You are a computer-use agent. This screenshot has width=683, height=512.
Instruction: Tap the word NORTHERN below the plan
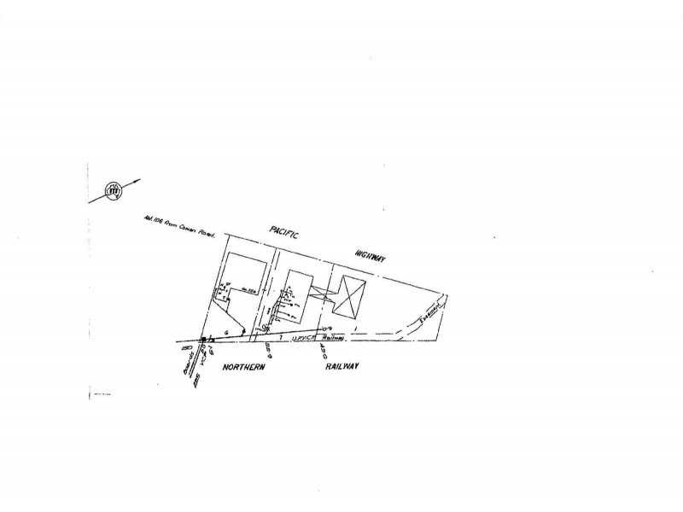pyautogui.click(x=246, y=366)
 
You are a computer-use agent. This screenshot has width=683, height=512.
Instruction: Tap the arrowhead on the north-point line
pyautogui.click(x=137, y=180)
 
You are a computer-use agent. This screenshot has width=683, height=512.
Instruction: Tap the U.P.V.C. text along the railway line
pyautogui.click(x=305, y=339)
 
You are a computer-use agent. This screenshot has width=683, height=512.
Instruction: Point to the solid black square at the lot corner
pyautogui.click(x=204, y=339)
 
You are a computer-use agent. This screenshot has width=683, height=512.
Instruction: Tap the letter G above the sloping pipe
pyautogui.click(x=227, y=330)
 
